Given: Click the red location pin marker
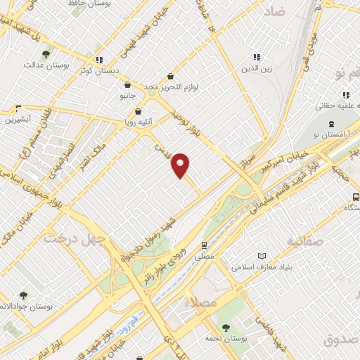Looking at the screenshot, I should pos(181,166).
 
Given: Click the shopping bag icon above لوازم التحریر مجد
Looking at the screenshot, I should pos(170,76).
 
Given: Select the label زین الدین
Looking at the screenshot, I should pos(257,68).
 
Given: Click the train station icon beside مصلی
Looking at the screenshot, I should pos(204,245).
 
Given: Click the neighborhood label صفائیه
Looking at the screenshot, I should pos(305,242).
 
